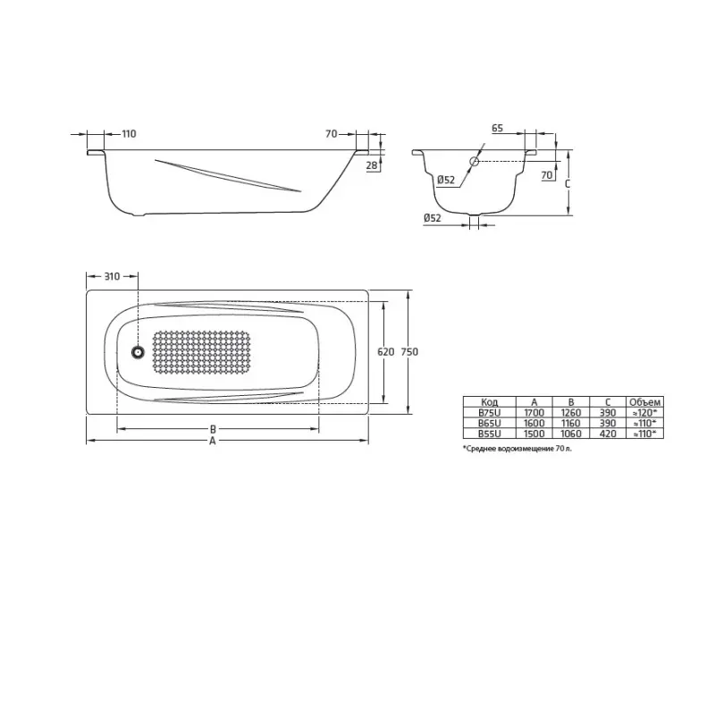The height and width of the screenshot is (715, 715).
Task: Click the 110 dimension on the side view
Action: [x=129, y=134]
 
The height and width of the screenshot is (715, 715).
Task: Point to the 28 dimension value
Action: [x=370, y=165]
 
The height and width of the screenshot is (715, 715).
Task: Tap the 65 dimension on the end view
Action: [x=497, y=129]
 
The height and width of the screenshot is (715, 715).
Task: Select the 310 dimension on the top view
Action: [x=112, y=276]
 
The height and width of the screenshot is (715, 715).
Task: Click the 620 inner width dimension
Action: [x=385, y=352]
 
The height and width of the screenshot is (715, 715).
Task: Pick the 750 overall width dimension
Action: [x=409, y=352]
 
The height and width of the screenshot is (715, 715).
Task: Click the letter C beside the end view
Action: [x=568, y=182]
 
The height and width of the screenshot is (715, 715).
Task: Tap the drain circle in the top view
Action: [x=139, y=352]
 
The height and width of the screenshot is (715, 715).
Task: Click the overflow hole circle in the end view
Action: [x=475, y=162]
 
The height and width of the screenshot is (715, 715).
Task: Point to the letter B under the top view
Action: [x=213, y=429]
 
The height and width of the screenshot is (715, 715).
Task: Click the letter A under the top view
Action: [x=213, y=442]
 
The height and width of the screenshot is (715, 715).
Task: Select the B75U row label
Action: [x=489, y=413]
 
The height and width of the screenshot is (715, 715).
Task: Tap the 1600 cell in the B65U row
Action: [x=534, y=423]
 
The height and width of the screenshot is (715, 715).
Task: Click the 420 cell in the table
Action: [x=608, y=433]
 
